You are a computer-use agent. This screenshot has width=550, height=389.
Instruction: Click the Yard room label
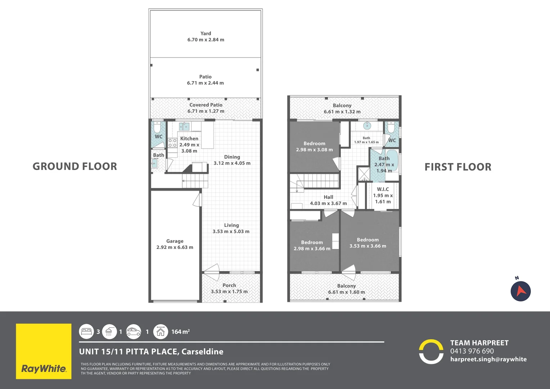[206, 33]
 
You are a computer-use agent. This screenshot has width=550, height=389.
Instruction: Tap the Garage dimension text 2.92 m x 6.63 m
[175, 247]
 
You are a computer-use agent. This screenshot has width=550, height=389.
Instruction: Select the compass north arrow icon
[520, 291]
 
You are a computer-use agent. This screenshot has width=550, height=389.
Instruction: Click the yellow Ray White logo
[44, 351]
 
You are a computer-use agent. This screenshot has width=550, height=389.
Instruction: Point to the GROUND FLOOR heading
[75, 166]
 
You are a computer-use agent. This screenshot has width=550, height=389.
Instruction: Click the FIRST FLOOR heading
[457, 167]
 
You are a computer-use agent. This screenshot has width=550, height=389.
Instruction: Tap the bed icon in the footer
[87, 332]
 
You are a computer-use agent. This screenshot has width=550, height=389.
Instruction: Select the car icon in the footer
[134, 332]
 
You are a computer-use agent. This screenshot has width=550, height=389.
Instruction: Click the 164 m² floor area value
[180, 332]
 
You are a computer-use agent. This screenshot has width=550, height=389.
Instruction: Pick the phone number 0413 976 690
[472, 351]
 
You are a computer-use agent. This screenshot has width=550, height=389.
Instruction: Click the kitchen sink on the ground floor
[184, 126]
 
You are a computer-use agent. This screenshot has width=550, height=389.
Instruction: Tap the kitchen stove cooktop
[172, 143]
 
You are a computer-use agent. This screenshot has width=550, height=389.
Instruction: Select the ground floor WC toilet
[157, 128]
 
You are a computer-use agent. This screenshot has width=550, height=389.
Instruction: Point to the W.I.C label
[383, 189]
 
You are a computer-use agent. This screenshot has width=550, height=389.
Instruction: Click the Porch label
[229, 285]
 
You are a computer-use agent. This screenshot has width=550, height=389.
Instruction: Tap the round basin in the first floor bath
[367, 126]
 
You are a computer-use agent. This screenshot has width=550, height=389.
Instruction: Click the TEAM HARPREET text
[479, 343]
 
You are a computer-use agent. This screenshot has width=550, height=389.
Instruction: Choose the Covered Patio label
[206, 105]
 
